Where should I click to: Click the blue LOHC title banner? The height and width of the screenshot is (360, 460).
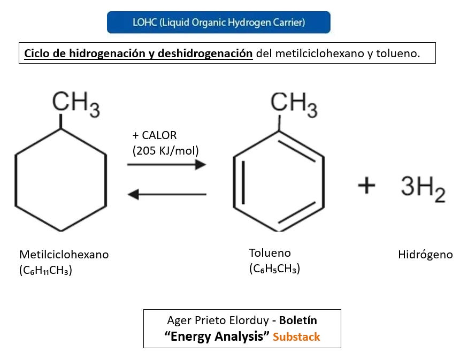click(x=218, y=22)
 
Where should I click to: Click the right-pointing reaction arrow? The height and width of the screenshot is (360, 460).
click(x=166, y=165)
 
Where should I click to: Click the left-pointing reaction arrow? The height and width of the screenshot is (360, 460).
click(x=166, y=194)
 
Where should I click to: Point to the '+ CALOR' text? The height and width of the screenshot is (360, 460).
click(x=155, y=135)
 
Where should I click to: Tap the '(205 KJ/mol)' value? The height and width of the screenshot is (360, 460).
click(x=165, y=150)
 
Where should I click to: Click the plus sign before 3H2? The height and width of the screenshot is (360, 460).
click(x=366, y=186)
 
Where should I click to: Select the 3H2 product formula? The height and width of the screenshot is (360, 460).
click(x=423, y=188)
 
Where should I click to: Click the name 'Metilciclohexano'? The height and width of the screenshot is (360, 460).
click(x=64, y=255)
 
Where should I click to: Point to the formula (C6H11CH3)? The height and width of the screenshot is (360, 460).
click(x=45, y=271)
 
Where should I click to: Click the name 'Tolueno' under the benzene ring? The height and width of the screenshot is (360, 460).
click(x=270, y=253)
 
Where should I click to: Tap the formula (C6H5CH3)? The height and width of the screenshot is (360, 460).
click(x=274, y=269)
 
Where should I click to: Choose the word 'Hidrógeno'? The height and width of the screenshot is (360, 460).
click(x=425, y=255)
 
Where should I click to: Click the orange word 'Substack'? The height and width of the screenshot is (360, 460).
click(x=296, y=337)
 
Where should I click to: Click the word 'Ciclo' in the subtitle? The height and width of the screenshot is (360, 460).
click(x=37, y=53)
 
